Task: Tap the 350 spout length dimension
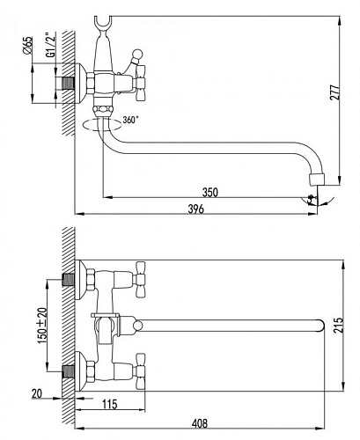coord(210,192)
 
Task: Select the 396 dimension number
coord(195,209)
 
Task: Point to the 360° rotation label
coord(130,120)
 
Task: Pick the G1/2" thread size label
coord(51,45)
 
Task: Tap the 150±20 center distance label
coord(42,326)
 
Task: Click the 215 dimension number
coord(339,325)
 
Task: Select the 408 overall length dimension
coord(200,423)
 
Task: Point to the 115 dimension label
coord(110,404)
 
